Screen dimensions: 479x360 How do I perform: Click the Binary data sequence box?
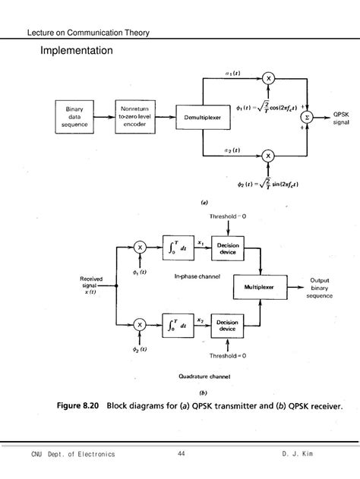(x=74, y=118)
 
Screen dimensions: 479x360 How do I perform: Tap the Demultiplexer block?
(x=201, y=118)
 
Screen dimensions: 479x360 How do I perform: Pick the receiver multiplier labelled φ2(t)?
(x=140, y=325)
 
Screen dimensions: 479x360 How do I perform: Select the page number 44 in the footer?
(x=181, y=454)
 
